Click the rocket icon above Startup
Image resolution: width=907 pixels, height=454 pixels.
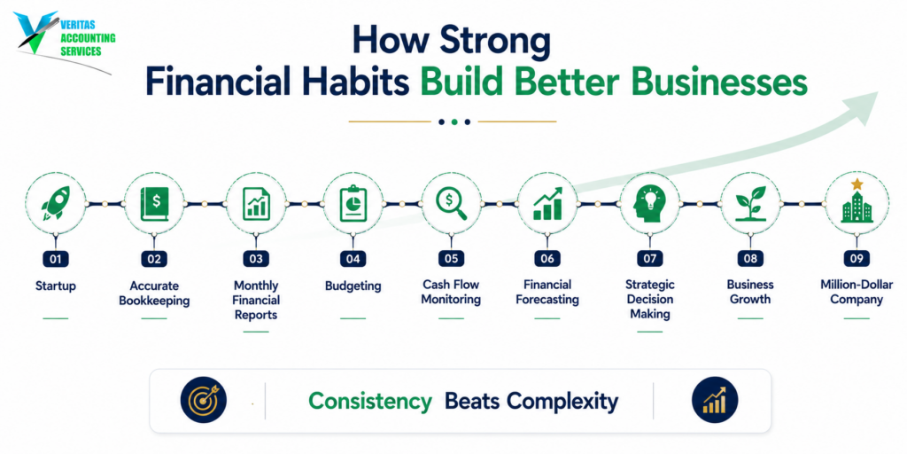(56, 203)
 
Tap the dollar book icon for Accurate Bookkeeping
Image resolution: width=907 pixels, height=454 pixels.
(154, 203)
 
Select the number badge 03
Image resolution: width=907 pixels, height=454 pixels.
(256, 259)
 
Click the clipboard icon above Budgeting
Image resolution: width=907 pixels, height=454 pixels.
(353, 203)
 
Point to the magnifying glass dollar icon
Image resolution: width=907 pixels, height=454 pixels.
(451, 204)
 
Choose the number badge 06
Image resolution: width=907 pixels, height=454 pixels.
(547, 259)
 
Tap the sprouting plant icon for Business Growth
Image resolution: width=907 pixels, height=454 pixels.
(750, 203)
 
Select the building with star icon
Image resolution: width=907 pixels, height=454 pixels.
(857, 201)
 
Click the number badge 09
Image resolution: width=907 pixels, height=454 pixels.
(857, 259)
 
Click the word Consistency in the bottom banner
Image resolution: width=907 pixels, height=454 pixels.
(370, 401)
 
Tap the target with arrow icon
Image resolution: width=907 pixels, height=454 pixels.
(204, 400)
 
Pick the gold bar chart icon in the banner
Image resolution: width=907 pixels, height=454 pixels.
(715, 400)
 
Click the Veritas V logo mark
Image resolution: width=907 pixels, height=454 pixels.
(37, 32)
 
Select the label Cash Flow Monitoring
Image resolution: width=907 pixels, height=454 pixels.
(451, 292)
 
